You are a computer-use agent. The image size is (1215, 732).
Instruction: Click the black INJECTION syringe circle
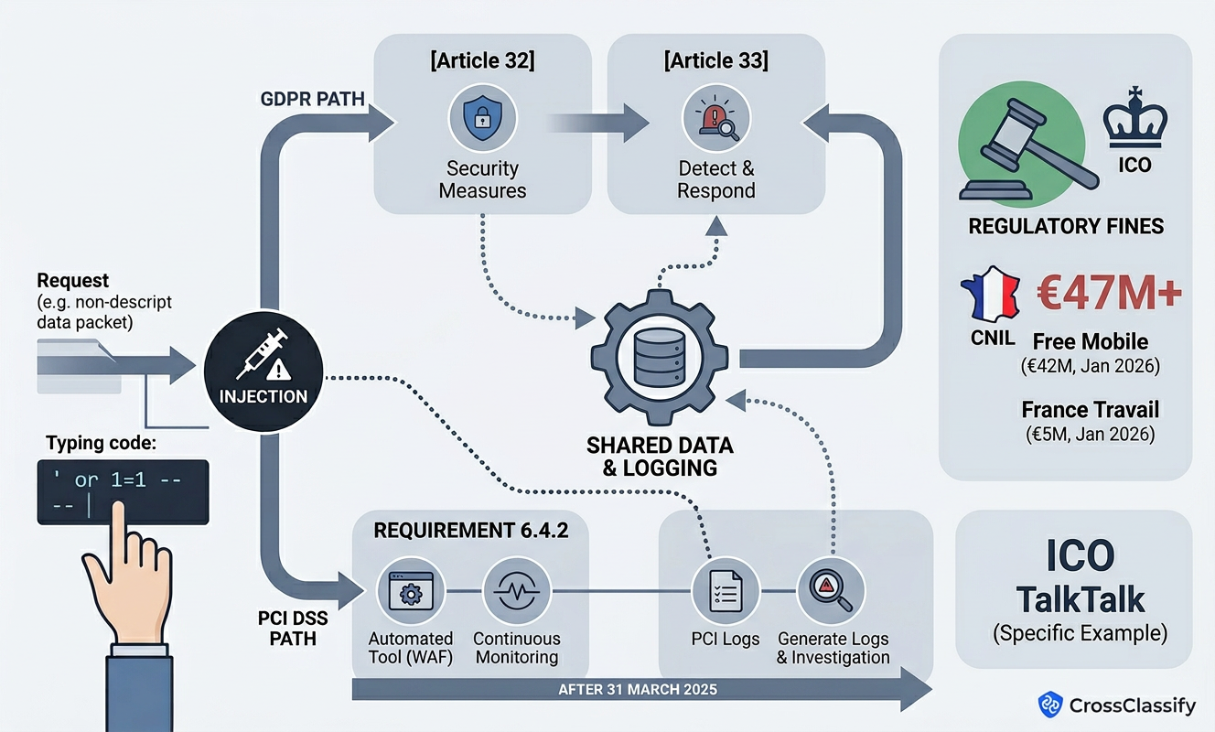[263, 372]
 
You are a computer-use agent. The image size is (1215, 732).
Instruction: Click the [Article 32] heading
[482, 62]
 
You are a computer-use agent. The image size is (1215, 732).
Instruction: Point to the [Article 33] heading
[716, 62]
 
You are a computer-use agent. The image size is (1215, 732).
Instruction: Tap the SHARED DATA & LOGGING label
[660, 457]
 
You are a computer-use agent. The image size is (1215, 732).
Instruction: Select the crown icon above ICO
[1136, 119]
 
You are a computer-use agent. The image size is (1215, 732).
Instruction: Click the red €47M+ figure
[1108, 296]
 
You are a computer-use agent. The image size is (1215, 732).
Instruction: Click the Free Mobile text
[1090, 342]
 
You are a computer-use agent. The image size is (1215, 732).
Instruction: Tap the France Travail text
[1090, 409]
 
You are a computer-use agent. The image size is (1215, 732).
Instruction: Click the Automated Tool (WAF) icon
[411, 592]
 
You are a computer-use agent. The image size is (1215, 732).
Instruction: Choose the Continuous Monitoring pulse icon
[516, 592]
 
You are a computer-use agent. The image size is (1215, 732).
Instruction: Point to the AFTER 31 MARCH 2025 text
[637, 690]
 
